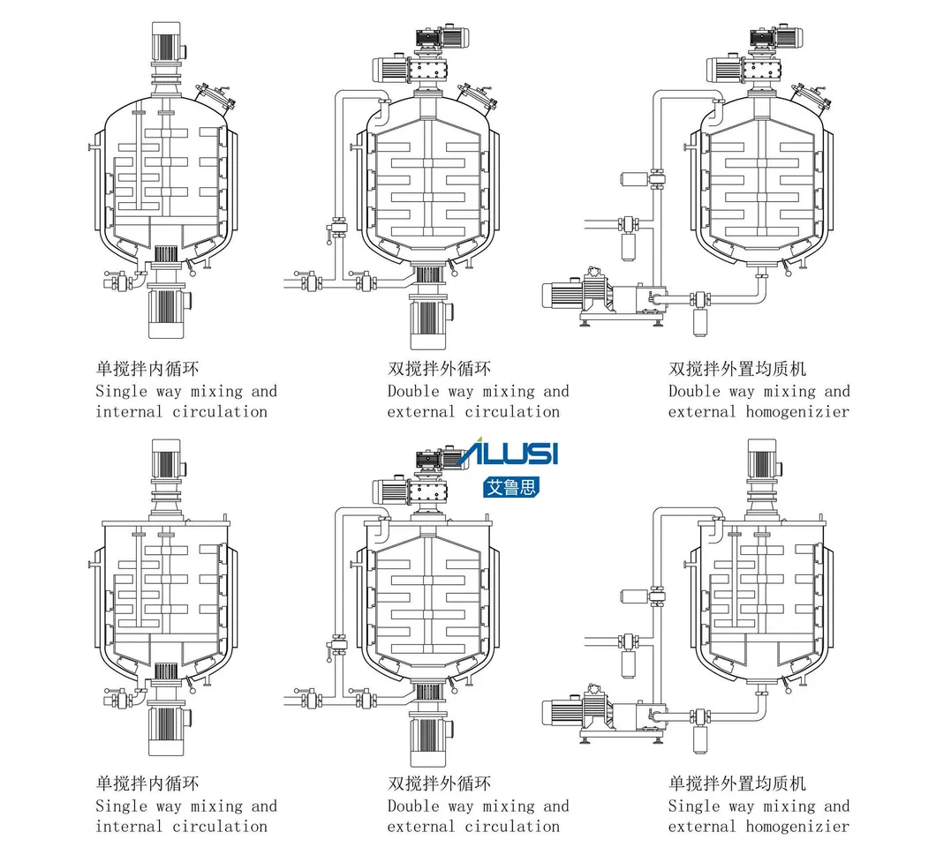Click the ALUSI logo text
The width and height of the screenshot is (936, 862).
point(508,453)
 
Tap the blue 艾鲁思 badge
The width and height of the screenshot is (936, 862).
point(511,487)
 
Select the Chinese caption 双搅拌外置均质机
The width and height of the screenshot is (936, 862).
point(737,369)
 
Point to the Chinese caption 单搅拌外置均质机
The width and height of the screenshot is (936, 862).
point(737,783)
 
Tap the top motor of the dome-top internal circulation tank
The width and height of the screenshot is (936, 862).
point(167,41)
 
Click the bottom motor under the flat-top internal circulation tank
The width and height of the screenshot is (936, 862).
point(167,730)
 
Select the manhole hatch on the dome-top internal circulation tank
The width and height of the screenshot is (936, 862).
point(214,99)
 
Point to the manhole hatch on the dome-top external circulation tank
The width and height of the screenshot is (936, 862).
point(477,99)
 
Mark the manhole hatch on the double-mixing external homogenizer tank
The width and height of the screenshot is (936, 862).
point(811,99)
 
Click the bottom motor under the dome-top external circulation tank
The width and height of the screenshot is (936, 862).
point(428,323)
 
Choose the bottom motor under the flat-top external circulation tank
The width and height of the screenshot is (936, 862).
point(428,740)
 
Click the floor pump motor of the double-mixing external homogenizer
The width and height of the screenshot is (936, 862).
point(562,296)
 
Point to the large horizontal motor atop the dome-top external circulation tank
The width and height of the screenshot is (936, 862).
point(391,70)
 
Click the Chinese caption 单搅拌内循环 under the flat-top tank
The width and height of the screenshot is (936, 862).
point(147,783)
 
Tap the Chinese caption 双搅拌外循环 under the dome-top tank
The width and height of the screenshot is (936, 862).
point(440,369)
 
